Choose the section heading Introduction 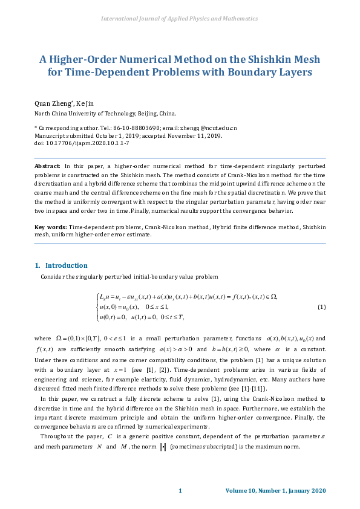(x=66, y=265)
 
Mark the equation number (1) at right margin (x=321, y=307)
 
